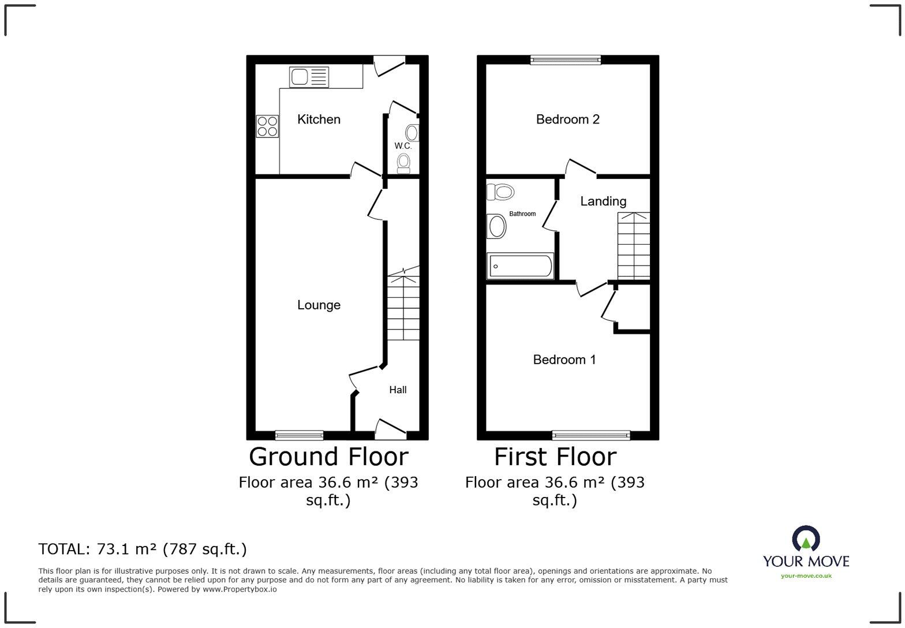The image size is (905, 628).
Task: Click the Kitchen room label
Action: click(x=319, y=119)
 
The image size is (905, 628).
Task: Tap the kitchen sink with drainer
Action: click(x=309, y=77)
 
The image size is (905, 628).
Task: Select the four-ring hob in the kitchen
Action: click(x=267, y=126)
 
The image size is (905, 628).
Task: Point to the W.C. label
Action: click(x=403, y=145)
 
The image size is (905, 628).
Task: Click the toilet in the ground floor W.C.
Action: click(x=403, y=163)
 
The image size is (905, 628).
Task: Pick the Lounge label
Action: click(x=319, y=305)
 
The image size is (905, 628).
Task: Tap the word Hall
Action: click(x=398, y=390)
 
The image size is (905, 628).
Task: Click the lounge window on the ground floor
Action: click(x=300, y=435)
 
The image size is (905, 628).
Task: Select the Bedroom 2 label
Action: click(x=568, y=119)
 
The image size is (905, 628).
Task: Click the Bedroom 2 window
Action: click(x=566, y=60)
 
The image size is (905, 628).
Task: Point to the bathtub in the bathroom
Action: click(x=520, y=266)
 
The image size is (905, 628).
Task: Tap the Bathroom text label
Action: click(x=522, y=214)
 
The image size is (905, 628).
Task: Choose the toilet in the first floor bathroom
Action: click(x=500, y=192)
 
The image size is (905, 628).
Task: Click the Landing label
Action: click(x=603, y=201)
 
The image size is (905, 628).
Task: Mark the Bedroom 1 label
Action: click(x=564, y=360)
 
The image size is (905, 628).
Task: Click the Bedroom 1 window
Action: click(x=591, y=435)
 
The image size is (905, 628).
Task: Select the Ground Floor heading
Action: click(x=328, y=457)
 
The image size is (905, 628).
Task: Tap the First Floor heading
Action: click(x=555, y=457)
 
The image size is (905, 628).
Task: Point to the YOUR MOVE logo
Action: click(x=806, y=552)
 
